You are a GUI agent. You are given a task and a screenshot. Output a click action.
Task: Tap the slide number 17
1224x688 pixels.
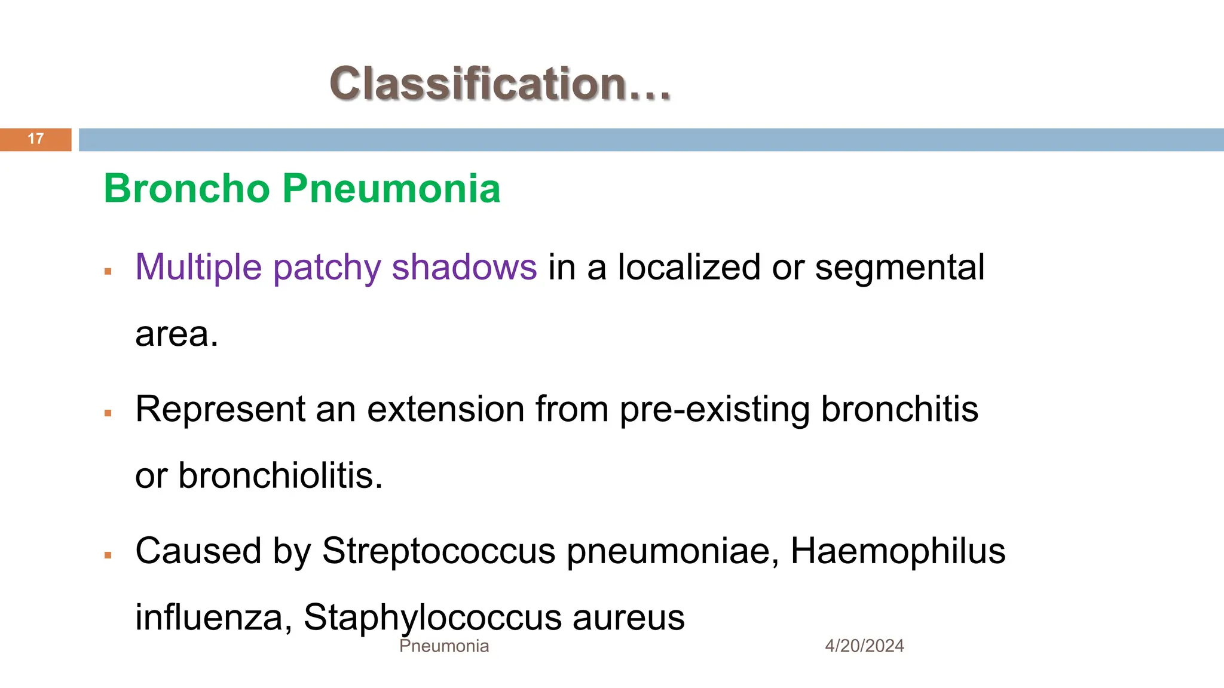pyautogui.click(x=36, y=139)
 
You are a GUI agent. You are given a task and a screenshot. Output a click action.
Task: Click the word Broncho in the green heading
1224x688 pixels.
pyautogui.click(x=187, y=189)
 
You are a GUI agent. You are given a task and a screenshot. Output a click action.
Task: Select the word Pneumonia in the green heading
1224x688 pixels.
pyautogui.click(x=391, y=189)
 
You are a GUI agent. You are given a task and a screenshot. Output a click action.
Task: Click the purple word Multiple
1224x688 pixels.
pyautogui.click(x=198, y=267)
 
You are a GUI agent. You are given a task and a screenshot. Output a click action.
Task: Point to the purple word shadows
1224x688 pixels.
pyautogui.click(x=464, y=267)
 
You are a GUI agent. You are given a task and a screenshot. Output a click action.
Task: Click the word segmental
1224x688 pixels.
pyautogui.click(x=899, y=267)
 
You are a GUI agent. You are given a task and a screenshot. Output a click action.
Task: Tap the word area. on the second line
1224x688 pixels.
pyautogui.click(x=176, y=334)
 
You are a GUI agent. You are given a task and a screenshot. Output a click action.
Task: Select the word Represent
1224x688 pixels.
pyautogui.click(x=220, y=409)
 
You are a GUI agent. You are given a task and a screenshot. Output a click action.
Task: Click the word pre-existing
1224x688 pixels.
pyautogui.click(x=714, y=410)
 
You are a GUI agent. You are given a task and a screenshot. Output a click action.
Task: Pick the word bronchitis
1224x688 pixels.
pyautogui.click(x=899, y=409)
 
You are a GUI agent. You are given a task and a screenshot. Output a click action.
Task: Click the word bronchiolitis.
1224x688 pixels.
pyautogui.click(x=280, y=476)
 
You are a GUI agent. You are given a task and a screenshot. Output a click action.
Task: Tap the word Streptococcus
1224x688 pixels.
pyautogui.click(x=439, y=551)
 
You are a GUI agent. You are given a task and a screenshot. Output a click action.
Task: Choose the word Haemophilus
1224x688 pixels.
pyautogui.click(x=898, y=551)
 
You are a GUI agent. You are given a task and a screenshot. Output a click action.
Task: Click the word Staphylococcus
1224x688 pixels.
pyautogui.click(x=432, y=618)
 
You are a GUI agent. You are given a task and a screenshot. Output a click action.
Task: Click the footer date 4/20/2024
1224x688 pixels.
pyautogui.click(x=864, y=646)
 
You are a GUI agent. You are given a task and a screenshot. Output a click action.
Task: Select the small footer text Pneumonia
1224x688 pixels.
pyautogui.click(x=444, y=646)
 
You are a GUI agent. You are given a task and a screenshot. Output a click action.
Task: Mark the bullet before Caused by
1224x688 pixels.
pyautogui.click(x=108, y=555)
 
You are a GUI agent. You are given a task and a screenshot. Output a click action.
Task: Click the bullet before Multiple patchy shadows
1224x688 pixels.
pyautogui.click(x=108, y=272)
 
